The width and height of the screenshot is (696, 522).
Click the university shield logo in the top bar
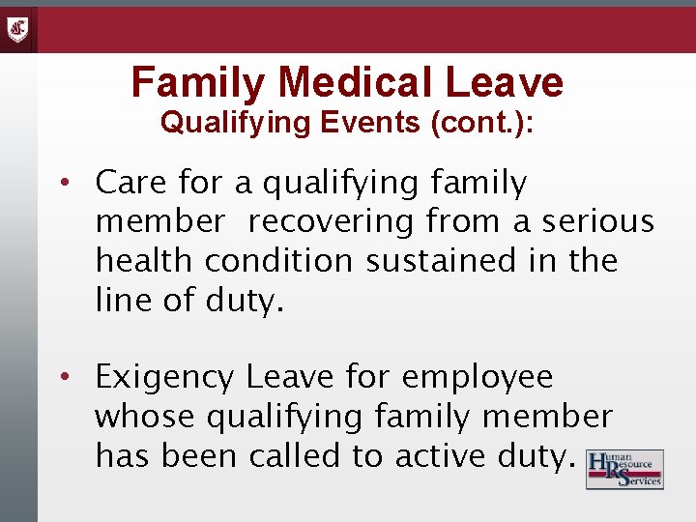coord(18,29)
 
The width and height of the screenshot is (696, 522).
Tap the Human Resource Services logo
coord(624,469)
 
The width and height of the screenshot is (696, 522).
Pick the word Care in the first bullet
coord(130,183)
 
